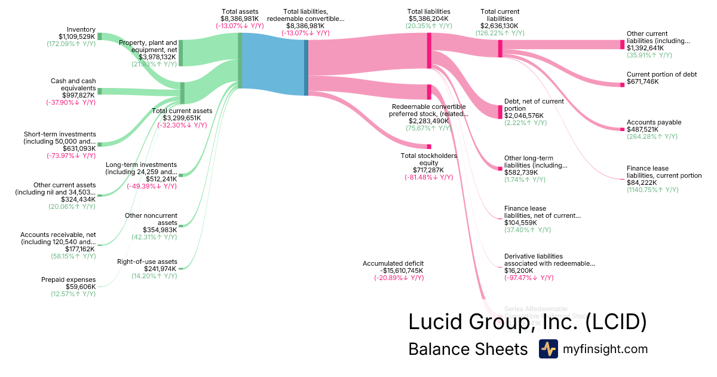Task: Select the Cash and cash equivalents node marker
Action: click(99, 91)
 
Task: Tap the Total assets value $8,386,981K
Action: click(240, 19)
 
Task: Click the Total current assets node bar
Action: click(182, 93)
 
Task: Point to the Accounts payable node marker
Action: click(621, 129)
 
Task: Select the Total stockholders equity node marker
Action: click(428, 146)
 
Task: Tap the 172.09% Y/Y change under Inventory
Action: click(71, 44)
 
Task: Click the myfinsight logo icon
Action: click(548, 349)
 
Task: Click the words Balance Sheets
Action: click(468, 349)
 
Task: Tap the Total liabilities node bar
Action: click(428, 50)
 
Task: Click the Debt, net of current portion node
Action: click(500, 111)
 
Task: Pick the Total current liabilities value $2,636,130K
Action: click(500, 26)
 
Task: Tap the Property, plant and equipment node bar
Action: click(180, 53)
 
